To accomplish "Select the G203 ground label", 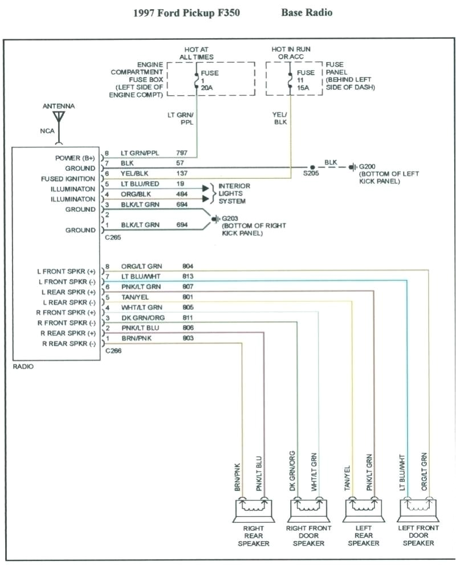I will coord(229,218).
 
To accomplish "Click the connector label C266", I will coord(113,350).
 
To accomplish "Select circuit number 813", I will coord(188,276).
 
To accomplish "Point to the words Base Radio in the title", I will coord(306,12).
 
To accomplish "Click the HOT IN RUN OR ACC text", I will coord(291,53).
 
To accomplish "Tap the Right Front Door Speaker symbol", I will coord(308,509).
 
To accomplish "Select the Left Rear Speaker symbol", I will coord(363,509).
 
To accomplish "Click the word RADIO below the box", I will coord(23,367).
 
